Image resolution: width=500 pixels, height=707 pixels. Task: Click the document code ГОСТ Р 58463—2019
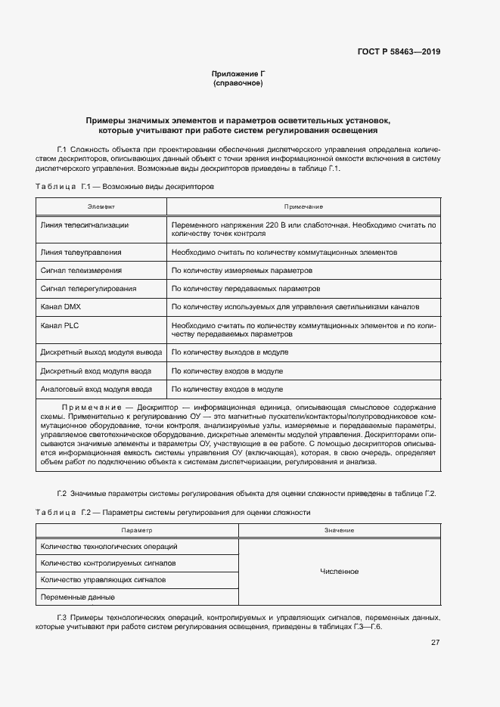point(399,52)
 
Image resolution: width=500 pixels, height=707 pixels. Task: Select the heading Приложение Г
point(238,73)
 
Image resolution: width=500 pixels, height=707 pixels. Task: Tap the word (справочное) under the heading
point(238,83)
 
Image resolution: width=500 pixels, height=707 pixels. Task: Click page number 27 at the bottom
point(435,643)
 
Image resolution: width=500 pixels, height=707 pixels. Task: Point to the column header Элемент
point(101,206)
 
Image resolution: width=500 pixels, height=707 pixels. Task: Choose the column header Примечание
point(303,206)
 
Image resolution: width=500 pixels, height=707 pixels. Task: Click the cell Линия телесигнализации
point(84,225)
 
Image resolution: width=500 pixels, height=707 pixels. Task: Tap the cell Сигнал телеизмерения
point(81,271)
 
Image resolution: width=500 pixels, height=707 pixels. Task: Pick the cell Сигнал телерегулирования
point(88,289)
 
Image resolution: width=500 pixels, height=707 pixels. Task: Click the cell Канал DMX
point(61,307)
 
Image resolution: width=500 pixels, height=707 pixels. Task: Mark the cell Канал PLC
point(60,325)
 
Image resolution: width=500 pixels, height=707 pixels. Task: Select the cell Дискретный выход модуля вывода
point(100,352)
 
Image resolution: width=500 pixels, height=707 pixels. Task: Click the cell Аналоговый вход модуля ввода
point(95,389)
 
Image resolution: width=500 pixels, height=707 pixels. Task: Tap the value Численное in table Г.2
point(339,572)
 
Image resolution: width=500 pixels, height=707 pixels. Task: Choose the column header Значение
point(339,531)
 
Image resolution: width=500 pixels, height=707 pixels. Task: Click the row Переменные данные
point(78,597)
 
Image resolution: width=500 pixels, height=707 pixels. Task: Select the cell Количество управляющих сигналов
point(103,580)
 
